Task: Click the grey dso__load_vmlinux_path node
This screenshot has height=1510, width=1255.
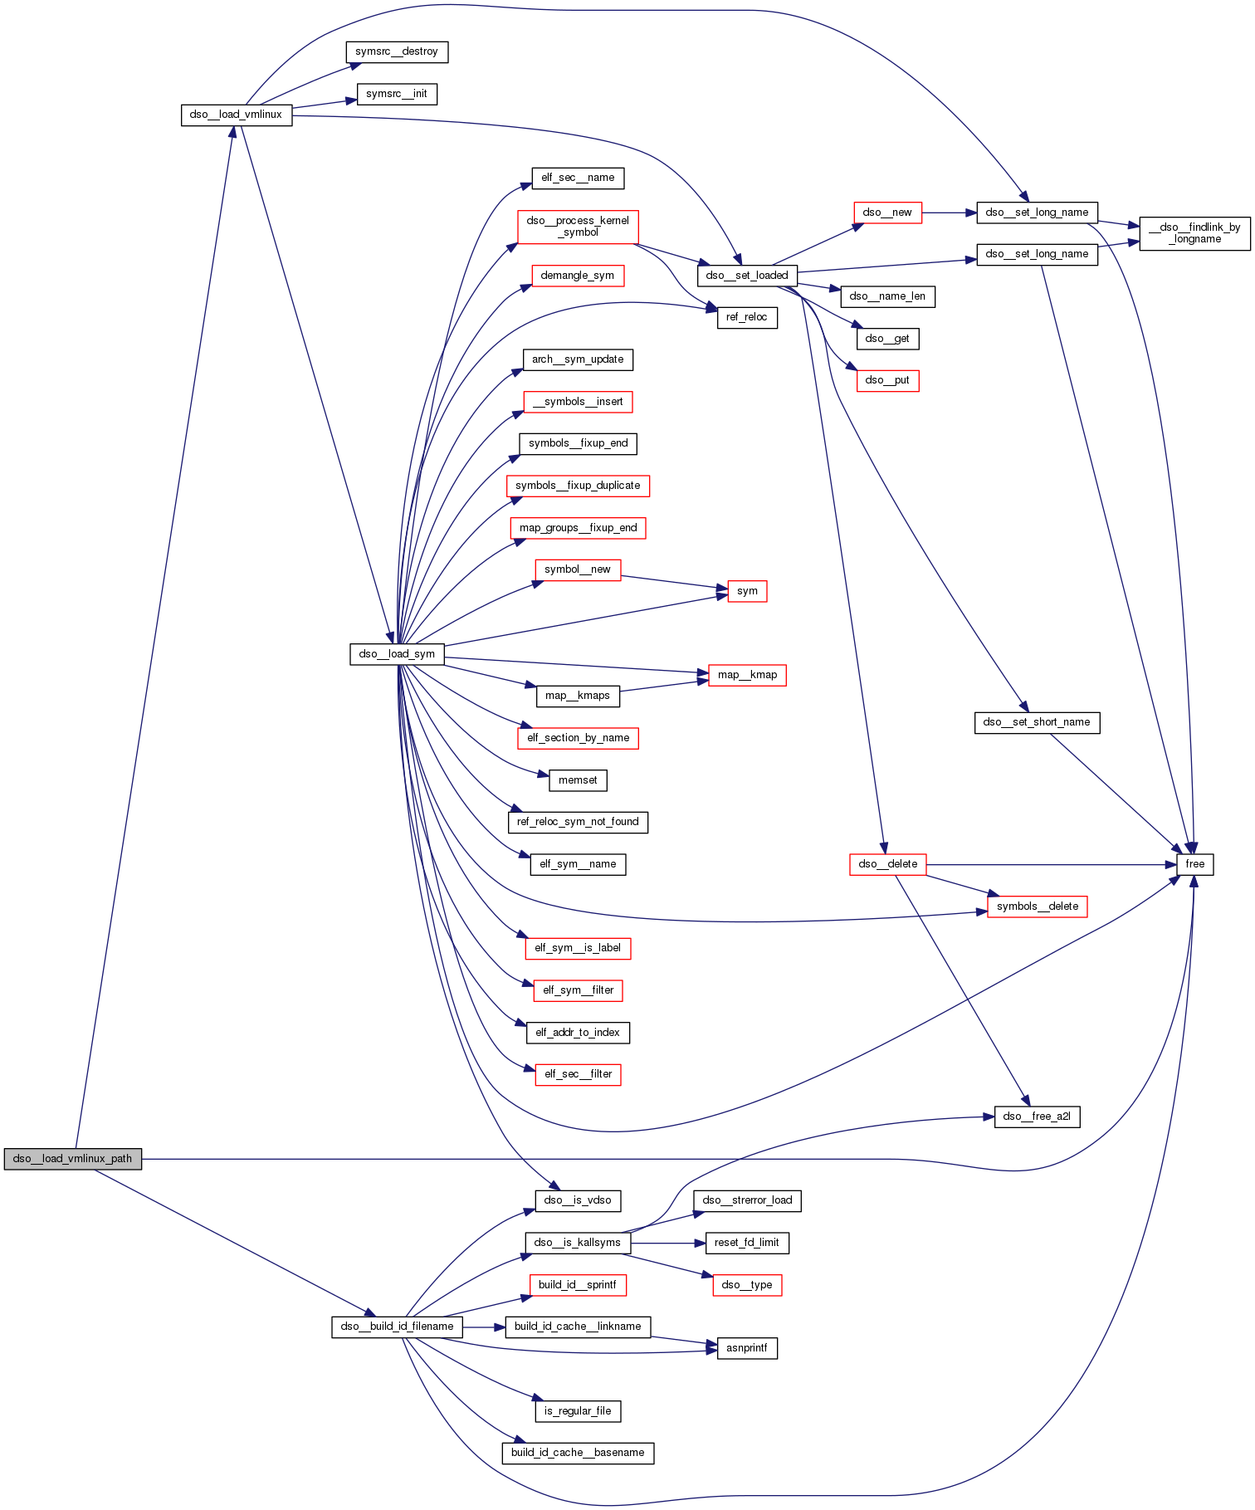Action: coord(72,1159)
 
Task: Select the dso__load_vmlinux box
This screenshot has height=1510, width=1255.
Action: coord(237,115)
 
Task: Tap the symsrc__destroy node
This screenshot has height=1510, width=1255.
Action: coord(397,51)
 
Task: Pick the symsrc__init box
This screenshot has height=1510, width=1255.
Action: coord(397,94)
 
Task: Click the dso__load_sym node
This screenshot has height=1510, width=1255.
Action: coord(397,654)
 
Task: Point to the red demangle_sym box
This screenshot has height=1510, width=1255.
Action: coord(578,276)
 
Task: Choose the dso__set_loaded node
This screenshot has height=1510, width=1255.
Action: coord(747,276)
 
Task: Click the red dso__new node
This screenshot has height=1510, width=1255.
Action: coord(887,213)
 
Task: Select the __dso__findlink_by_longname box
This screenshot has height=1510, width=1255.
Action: coord(1194,233)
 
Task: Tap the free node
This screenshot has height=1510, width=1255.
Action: coord(1194,864)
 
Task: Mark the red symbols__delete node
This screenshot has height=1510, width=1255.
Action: coord(1037,906)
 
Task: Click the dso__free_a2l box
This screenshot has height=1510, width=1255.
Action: coord(1037,1117)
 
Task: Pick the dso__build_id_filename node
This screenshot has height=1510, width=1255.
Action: coord(397,1327)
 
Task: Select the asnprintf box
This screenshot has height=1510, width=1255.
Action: coord(747,1348)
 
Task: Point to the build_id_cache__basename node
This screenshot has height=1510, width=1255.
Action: coord(578,1453)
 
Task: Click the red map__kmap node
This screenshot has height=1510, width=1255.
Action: coord(747,675)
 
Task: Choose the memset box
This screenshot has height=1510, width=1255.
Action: coord(578,780)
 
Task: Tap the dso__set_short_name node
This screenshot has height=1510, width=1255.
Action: coord(1037,722)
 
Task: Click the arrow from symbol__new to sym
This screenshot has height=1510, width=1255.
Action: coord(673,583)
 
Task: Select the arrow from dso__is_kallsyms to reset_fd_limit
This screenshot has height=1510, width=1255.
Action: coord(667,1243)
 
